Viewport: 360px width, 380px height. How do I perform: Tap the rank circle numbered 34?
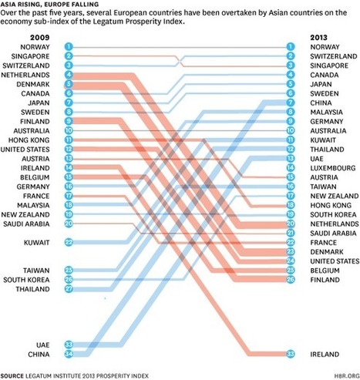[x=69, y=353]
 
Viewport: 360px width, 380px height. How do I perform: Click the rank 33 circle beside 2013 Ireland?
[x=291, y=353]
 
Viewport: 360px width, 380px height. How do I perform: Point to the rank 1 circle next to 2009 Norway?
[x=69, y=47]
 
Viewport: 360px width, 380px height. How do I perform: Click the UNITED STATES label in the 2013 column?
[x=333, y=261]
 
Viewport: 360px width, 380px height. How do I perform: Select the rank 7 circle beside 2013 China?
[x=291, y=103]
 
